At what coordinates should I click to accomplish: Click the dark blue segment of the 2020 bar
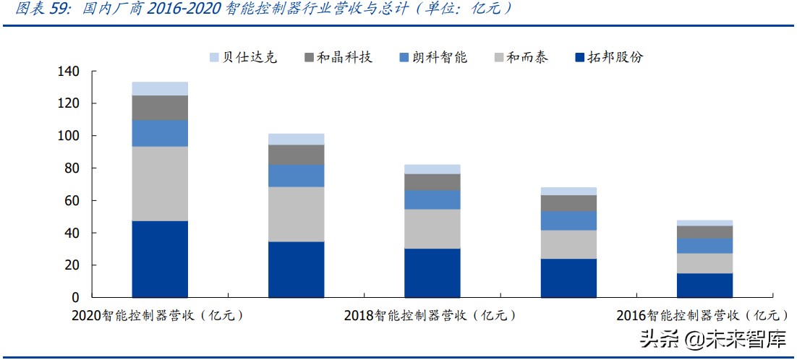[x=160, y=259]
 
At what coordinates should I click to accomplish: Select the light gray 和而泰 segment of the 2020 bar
[x=160, y=184]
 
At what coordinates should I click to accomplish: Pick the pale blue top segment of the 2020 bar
[x=160, y=88]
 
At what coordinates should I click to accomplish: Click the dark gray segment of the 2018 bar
[x=432, y=182]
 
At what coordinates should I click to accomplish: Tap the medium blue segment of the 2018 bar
[x=432, y=200]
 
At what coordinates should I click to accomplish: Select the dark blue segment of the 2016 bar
[x=704, y=285]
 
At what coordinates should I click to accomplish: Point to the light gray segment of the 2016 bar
[x=704, y=263]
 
